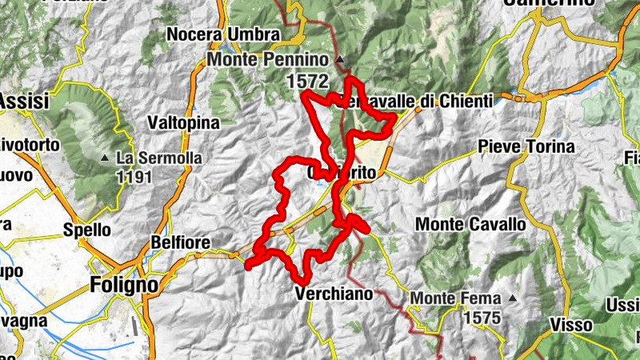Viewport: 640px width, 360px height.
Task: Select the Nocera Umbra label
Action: (x=223, y=34)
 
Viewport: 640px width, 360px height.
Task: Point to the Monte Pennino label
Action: (x=267, y=60)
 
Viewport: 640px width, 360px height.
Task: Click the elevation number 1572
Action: (x=307, y=80)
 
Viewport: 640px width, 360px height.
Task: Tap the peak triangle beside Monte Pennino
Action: (x=339, y=60)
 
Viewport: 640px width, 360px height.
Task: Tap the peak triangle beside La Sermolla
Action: (x=105, y=158)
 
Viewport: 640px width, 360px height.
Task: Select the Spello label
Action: (x=87, y=230)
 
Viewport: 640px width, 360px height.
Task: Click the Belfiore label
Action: (x=180, y=242)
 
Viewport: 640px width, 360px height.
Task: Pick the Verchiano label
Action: (x=334, y=294)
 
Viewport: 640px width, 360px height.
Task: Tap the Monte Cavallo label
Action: (x=470, y=224)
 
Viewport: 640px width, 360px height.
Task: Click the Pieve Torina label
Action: (x=526, y=146)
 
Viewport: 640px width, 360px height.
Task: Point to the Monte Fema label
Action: (x=455, y=299)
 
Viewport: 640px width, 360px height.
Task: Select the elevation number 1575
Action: (x=480, y=318)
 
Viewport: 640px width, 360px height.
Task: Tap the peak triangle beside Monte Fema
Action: (x=513, y=299)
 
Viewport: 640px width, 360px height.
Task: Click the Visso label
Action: (x=571, y=325)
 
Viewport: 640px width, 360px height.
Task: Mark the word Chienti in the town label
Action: (x=450, y=102)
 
